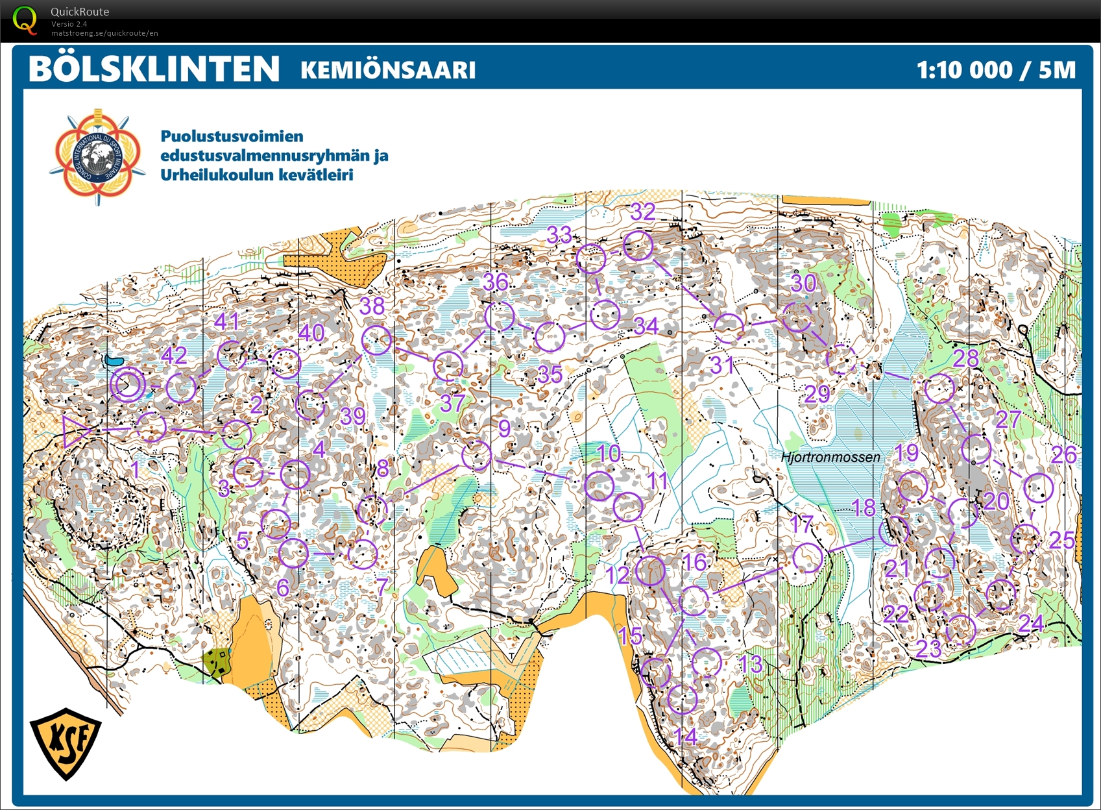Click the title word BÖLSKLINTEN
(x=154, y=69)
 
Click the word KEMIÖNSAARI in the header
(x=388, y=70)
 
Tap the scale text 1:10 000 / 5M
(x=995, y=69)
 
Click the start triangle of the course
(x=75, y=431)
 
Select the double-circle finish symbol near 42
(x=127, y=384)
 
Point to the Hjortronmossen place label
(x=830, y=457)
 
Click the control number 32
(x=642, y=212)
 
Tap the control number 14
(x=686, y=737)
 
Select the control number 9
(x=504, y=428)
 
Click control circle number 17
(x=808, y=558)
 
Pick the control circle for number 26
(x=1038, y=487)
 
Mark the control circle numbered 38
(x=376, y=339)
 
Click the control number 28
(x=965, y=358)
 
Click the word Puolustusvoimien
(x=232, y=136)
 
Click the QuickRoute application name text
(x=80, y=12)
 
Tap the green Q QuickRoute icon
(x=24, y=19)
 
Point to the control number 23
(x=928, y=648)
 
